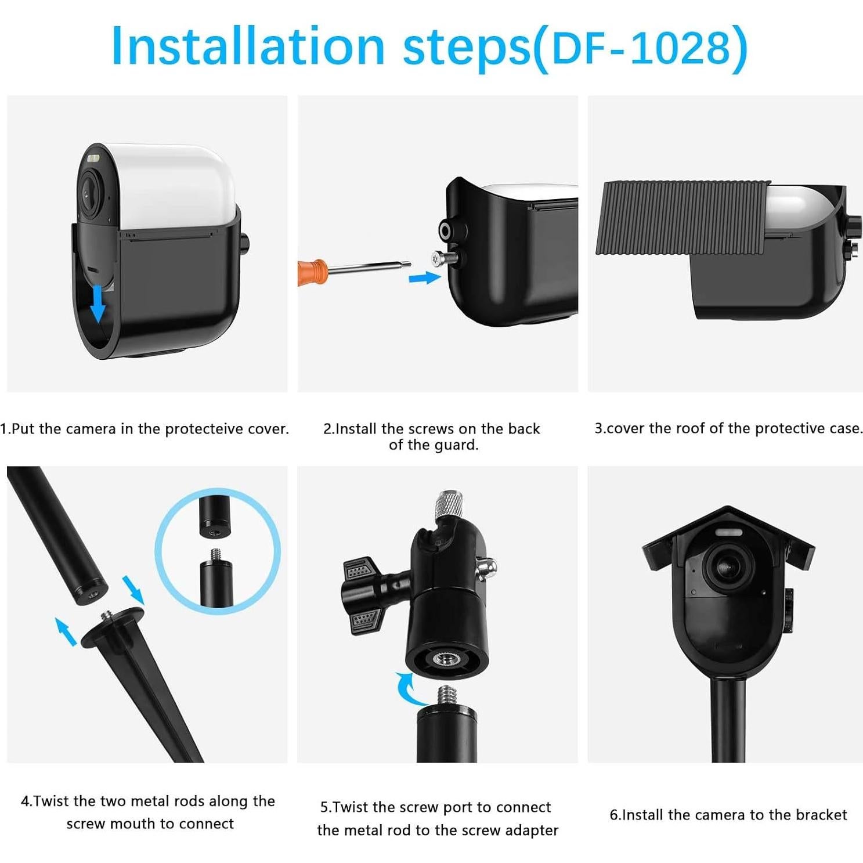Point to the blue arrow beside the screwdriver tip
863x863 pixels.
424,278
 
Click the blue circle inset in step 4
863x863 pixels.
218,550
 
